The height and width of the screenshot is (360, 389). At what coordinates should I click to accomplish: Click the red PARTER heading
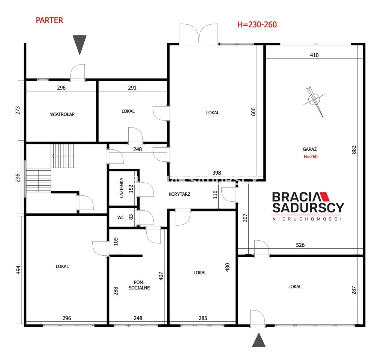pyautogui.click(x=50, y=20)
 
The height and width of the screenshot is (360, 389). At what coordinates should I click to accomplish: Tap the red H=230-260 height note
pyautogui.click(x=257, y=24)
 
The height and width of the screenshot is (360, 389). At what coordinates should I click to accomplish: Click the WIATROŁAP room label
pyautogui.click(x=62, y=114)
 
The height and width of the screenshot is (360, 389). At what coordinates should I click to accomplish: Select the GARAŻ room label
pyautogui.click(x=310, y=149)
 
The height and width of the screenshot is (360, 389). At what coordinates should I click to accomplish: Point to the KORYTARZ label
pyautogui.click(x=179, y=194)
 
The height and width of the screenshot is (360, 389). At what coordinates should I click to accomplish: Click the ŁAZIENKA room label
pyautogui.click(x=122, y=187)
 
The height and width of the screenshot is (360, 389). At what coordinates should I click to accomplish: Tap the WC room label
pyautogui.click(x=121, y=217)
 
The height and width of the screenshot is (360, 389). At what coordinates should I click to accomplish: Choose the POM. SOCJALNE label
pyautogui.click(x=139, y=285)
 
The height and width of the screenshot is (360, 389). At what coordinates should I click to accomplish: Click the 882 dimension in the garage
pyautogui.click(x=354, y=150)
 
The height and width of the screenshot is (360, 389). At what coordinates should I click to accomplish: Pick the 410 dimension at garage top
pyautogui.click(x=314, y=55)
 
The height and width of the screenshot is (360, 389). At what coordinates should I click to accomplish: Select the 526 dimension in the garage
pyautogui.click(x=300, y=245)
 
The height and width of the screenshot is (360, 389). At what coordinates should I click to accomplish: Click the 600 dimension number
pyautogui.click(x=253, y=112)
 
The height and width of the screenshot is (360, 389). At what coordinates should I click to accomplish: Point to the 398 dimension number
pyautogui.click(x=216, y=173)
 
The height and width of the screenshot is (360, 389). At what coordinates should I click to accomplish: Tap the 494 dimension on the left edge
pyautogui.click(x=18, y=270)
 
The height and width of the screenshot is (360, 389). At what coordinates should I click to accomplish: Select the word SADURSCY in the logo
pyautogui.click(x=308, y=208)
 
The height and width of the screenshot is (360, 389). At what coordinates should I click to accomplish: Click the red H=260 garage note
pyautogui.click(x=311, y=157)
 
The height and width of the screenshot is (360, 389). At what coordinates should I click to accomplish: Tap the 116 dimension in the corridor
pyautogui.click(x=215, y=194)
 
